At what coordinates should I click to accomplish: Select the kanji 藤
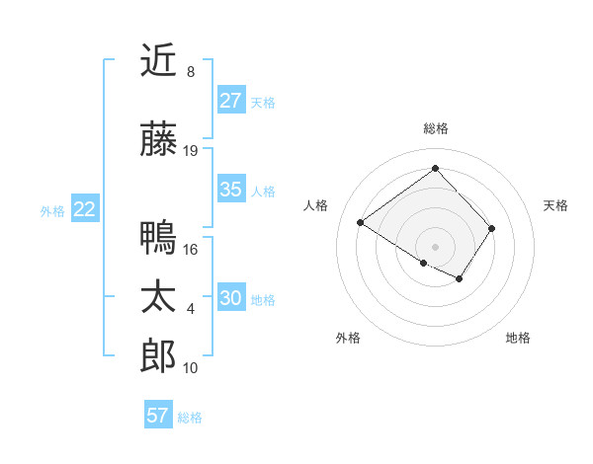tap(158, 140)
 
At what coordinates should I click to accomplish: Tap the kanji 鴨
tap(158, 238)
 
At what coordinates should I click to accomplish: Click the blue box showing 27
tap(230, 101)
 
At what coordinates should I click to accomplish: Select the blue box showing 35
tap(230, 190)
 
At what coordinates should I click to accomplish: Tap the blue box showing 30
tap(230, 299)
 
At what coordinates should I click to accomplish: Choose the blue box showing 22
tap(84, 209)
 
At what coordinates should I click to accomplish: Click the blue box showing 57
tap(158, 416)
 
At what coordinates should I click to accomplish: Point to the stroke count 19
tap(191, 151)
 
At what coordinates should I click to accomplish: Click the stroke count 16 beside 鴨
tap(191, 250)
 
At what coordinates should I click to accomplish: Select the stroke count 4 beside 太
tap(191, 309)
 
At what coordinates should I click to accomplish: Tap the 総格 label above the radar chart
tap(435, 128)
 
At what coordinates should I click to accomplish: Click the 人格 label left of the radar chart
tap(316, 205)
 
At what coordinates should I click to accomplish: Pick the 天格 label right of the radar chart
tap(555, 205)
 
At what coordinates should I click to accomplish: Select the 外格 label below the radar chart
tap(348, 339)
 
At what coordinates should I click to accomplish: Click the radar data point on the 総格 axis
tap(435, 167)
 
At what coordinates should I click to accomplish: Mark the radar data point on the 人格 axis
tap(361, 223)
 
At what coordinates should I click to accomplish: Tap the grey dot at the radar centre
tap(435, 245)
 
